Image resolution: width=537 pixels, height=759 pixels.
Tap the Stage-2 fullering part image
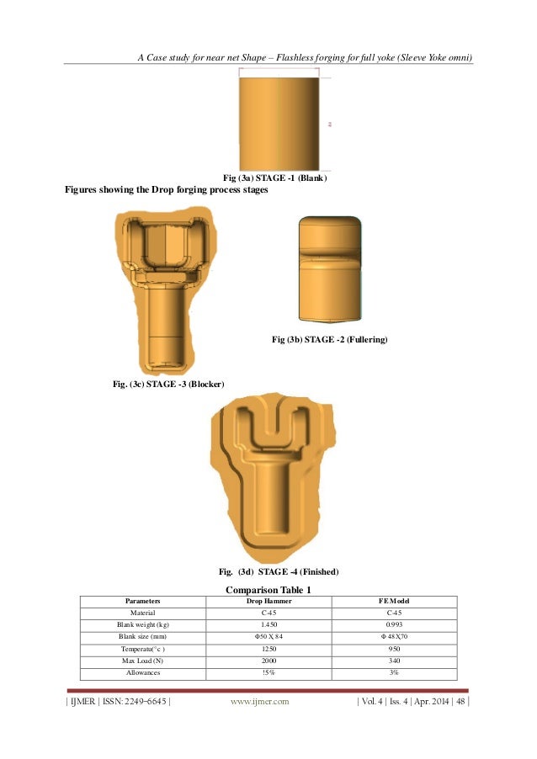pos(330,269)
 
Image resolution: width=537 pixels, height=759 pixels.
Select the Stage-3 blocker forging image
pos(167,289)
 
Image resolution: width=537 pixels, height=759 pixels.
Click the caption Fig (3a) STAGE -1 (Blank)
pos(274,178)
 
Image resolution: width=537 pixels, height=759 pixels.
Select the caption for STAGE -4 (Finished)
pos(278,572)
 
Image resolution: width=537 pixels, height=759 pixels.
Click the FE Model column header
pos(395,602)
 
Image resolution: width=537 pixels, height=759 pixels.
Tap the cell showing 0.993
pos(395,625)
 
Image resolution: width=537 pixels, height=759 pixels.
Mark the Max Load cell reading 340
pos(395,661)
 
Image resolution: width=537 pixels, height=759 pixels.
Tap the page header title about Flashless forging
pos(304,57)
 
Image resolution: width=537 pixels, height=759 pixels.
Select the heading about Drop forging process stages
pos(166,191)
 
